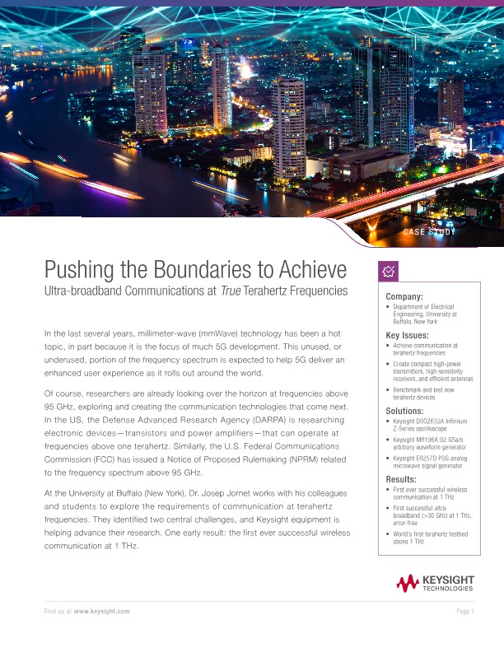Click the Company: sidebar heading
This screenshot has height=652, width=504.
[404, 296]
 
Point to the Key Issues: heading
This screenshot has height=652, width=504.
[408, 336]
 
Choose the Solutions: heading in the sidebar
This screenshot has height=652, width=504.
[407, 410]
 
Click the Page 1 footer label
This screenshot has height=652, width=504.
[465, 612]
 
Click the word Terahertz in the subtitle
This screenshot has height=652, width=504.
[282, 291]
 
